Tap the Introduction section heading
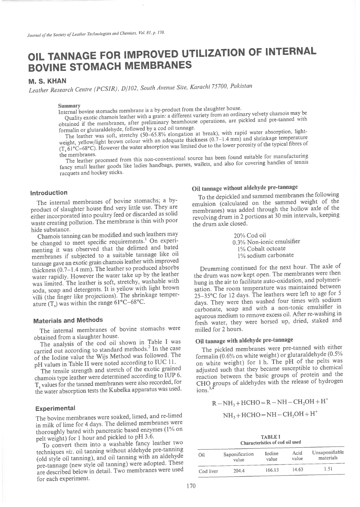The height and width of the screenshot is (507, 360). pyautogui.click(x=52, y=193)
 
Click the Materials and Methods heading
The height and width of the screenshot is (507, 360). pyautogui.click(x=67, y=320)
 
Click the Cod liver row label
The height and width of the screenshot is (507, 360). pyautogui.click(x=208, y=471)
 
